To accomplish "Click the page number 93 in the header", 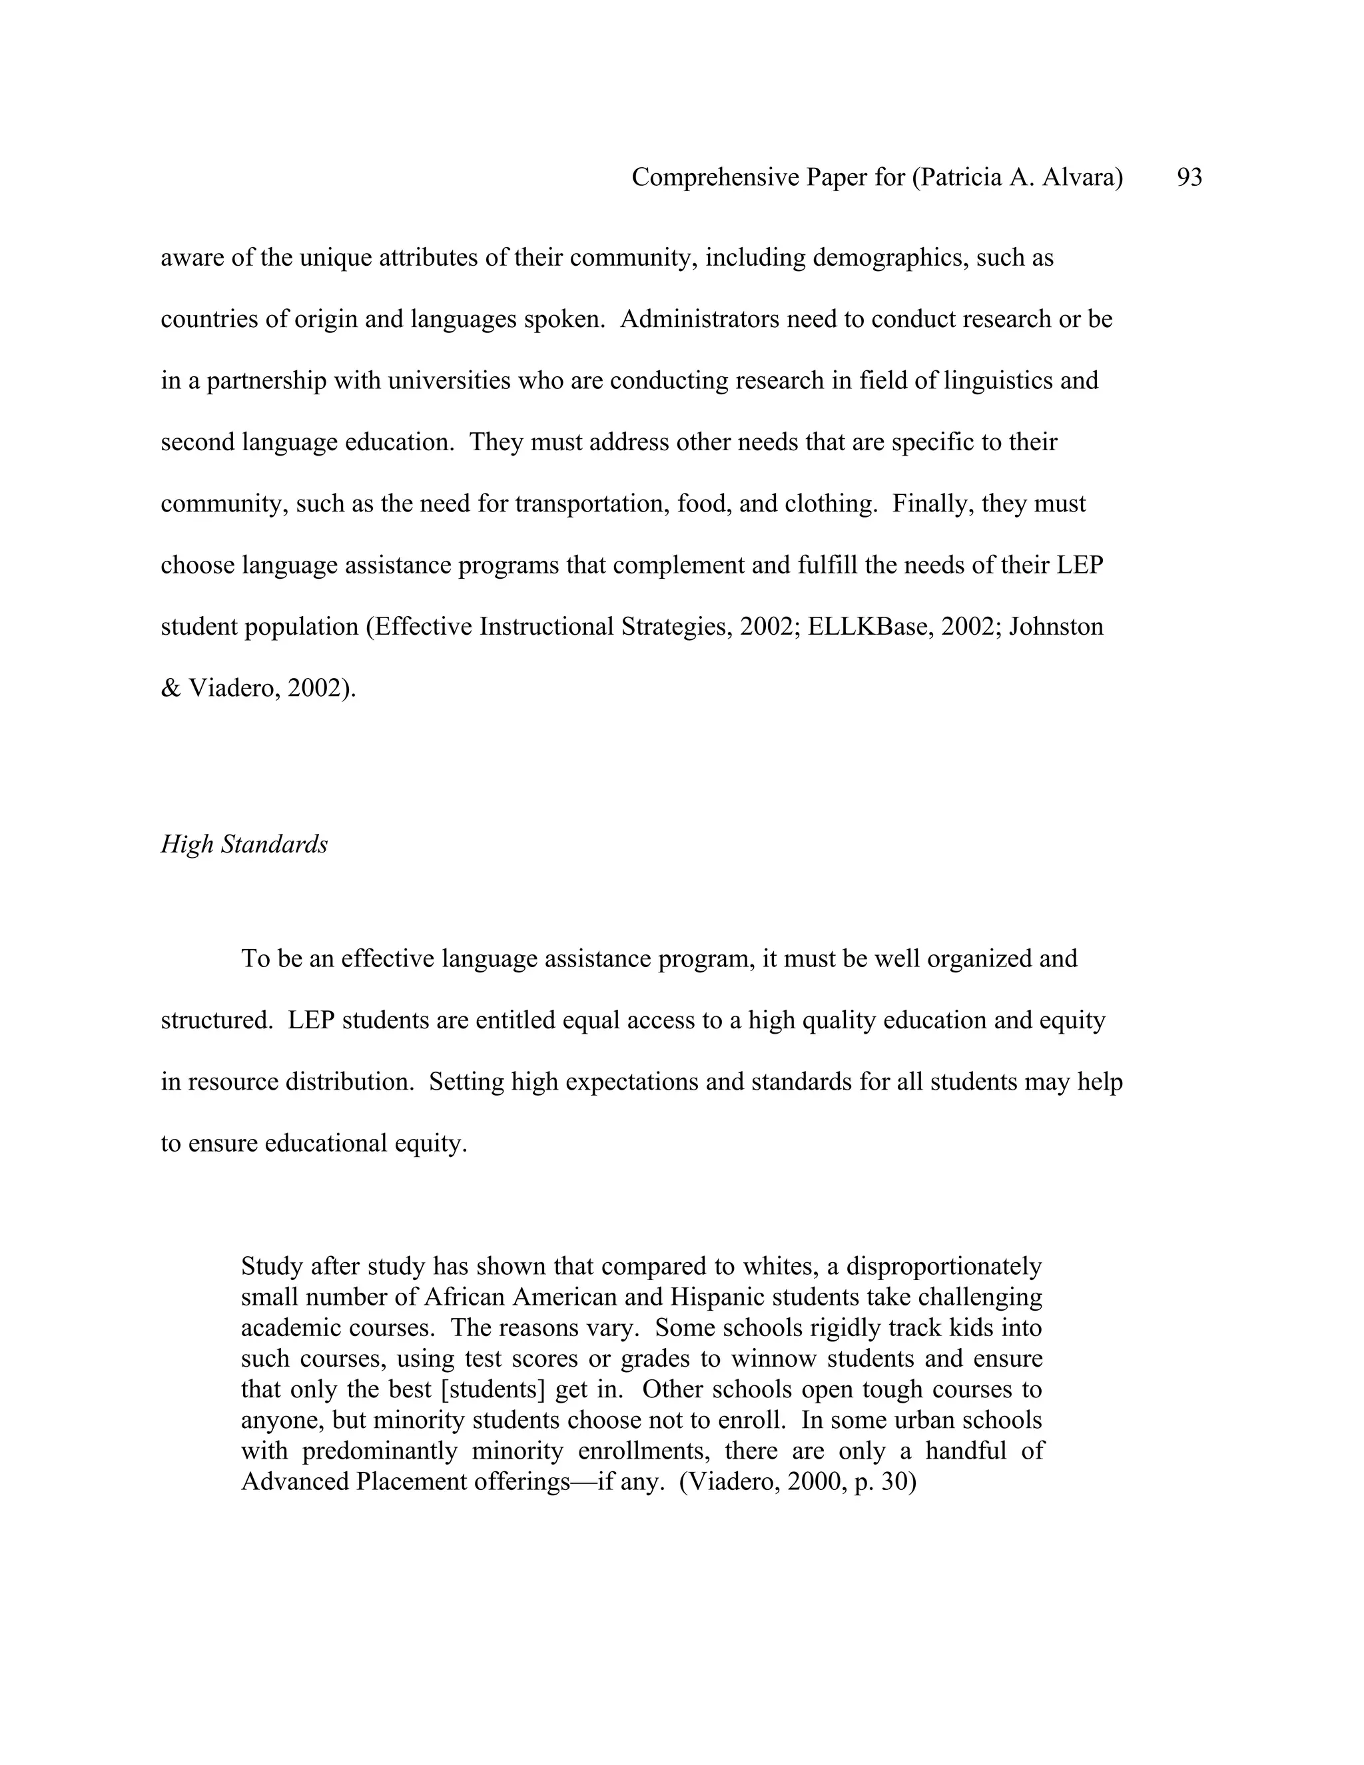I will click(x=1190, y=177).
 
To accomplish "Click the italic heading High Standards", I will click(x=244, y=845).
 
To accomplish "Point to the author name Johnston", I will click(x=1056, y=627).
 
